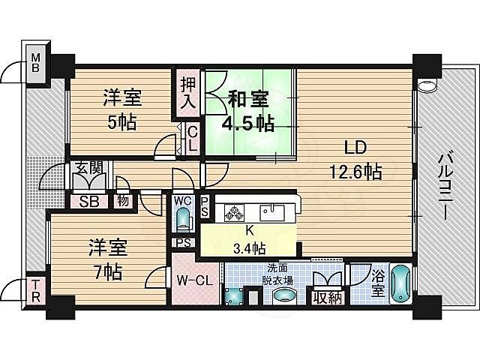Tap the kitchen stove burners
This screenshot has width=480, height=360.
pyautogui.click(x=233, y=211)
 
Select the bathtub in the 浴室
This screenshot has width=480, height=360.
pyautogui.click(x=400, y=283)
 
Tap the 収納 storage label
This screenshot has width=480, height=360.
pyautogui.click(x=328, y=298)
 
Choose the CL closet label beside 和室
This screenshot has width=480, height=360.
pyautogui.click(x=192, y=139)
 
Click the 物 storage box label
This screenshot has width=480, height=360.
pyautogui.click(x=121, y=201)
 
